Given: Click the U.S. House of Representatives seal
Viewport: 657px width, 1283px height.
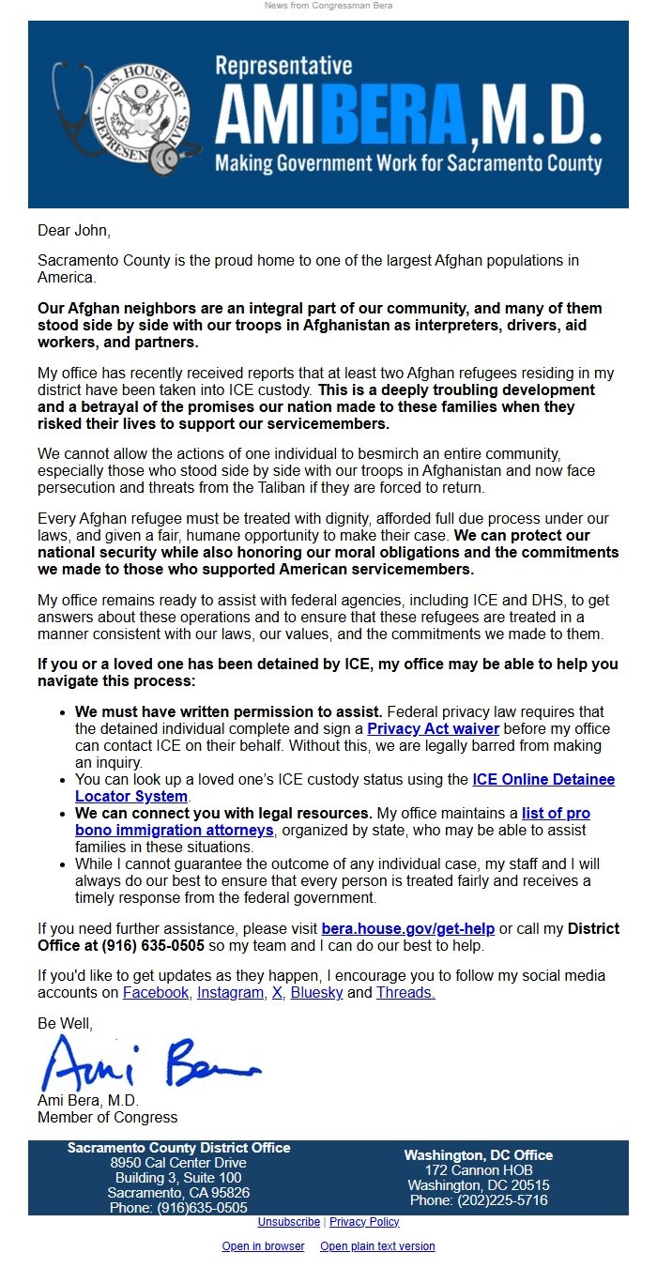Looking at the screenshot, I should pos(141,114).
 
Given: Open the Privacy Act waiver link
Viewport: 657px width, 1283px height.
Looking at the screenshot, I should pos(433,728).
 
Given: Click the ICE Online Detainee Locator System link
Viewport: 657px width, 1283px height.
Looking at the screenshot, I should pos(543,779).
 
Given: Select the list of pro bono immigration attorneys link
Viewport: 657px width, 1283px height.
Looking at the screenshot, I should pos(556,813).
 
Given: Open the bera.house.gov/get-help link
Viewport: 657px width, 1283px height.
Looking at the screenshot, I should pos(407,928).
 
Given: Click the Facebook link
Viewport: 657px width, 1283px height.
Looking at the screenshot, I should pos(155,992).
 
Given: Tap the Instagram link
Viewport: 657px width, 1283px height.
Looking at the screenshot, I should pos(230,992).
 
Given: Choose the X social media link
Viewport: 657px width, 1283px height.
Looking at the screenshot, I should pos(277,992).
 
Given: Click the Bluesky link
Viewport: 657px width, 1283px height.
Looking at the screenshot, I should pos(316,992).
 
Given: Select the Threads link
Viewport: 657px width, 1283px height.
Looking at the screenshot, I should pos(405,992).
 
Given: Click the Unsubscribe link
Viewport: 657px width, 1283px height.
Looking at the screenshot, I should pos(288,1222).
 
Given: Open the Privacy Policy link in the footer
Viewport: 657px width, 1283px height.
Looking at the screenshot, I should pos(364,1222).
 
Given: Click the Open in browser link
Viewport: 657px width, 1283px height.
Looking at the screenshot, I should pos(263,1246).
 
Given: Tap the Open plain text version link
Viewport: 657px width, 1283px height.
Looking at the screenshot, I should pos(377,1246).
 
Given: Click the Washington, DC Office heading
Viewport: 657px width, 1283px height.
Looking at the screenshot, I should pos(478,1155).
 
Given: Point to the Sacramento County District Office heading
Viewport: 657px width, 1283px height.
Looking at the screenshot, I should pos(178,1148).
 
